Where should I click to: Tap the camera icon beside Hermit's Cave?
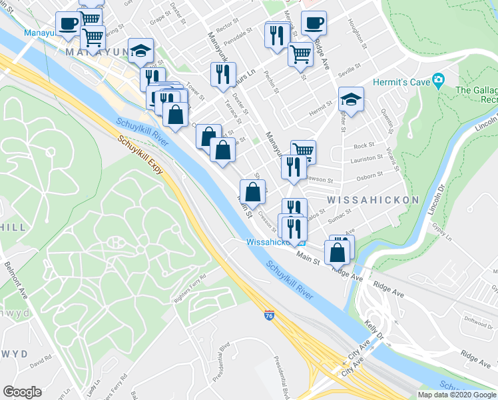(439, 81)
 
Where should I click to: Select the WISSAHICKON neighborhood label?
(373, 200)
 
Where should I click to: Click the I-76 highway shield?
(269, 313)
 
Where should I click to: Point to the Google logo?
(22, 392)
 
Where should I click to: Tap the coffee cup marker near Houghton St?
(314, 23)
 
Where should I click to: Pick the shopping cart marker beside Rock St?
(303, 151)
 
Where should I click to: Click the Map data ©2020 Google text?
(457, 395)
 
